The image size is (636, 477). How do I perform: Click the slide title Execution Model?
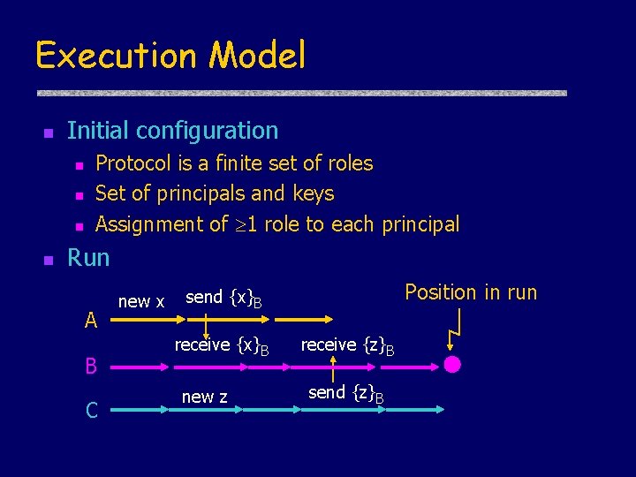pyautogui.click(x=170, y=55)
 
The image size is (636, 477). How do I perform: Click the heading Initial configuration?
pyautogui.click(x=172, y=131)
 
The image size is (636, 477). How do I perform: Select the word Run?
pyautogui.click(x=88, y=258)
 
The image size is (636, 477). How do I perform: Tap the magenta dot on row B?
pyautogui.click(x=452, y=365)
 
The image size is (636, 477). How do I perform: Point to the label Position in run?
pyautogui.click(x=470, y=292)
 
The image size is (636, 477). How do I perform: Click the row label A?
pyautogui.click(x=91, y=322)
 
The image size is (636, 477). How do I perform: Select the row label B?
pyautogui.click(x=91, y=366)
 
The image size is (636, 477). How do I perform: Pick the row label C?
pyautogui.click(x=91, y=409)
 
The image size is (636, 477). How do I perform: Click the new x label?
pyautogui.click(x=141, y=301)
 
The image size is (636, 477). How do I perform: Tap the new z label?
pyautogui.click(x=204, y=397)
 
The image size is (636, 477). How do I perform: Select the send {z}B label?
pyautogui.click(x=345, y=392)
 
